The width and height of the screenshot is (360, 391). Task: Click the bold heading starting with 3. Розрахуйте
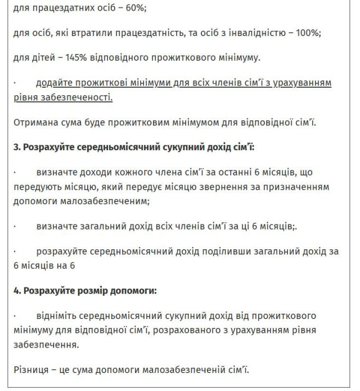(134, 147)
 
